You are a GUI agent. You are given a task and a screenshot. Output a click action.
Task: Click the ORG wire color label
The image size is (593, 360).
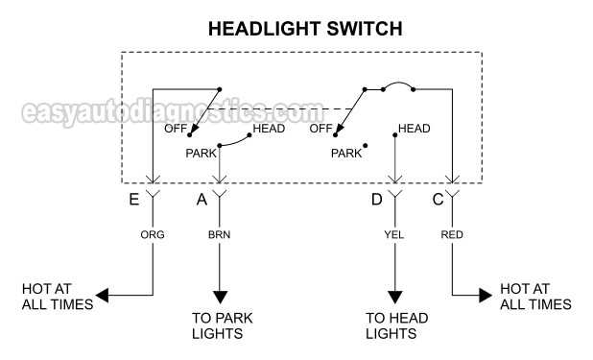[153, 233]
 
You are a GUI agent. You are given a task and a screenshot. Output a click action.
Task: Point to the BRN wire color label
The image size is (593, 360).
[221, 233]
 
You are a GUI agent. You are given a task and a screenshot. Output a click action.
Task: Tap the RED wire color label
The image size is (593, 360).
[452, 233]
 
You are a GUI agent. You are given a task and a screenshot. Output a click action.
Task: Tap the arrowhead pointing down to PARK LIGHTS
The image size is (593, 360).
[221, 297]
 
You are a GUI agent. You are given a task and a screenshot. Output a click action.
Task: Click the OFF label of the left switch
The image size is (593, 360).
[175, 129]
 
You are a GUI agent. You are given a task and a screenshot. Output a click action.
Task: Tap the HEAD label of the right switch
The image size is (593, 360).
[414, 129]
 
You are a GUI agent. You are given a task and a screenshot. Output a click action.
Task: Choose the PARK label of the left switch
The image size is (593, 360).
[202, 153]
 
